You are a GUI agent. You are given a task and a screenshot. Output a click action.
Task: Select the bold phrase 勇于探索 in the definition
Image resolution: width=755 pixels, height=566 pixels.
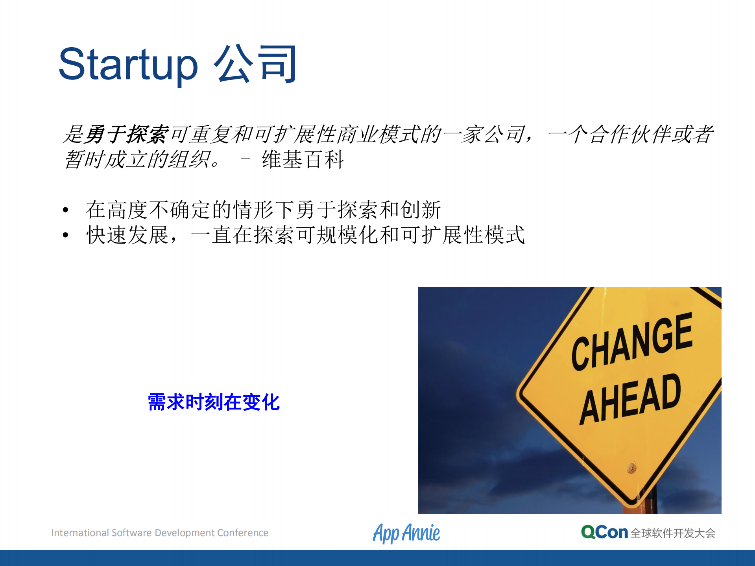tap(127, 135)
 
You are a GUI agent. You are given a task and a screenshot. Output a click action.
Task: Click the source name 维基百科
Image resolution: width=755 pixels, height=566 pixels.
tap(303, 160)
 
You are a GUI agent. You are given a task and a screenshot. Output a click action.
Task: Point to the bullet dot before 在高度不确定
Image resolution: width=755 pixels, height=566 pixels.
tap(66, 210)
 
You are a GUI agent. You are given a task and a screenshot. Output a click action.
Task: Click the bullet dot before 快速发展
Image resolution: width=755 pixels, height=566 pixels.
tap(66, 235)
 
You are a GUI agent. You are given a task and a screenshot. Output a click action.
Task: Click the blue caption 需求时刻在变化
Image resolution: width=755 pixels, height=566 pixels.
tap(214, 402)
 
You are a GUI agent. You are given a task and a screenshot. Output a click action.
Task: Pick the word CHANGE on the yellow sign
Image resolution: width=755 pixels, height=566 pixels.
tap(631, 341)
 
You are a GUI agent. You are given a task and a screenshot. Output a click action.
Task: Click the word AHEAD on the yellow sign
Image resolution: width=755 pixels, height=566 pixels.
tap(630, 398)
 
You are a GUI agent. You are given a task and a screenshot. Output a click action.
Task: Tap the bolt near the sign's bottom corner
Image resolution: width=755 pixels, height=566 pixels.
tap(631, 468)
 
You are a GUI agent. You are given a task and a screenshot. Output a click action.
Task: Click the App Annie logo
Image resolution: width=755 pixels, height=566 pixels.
tap(406, 533)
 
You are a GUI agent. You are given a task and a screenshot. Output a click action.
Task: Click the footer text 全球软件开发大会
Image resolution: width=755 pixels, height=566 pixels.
tap(673, 533)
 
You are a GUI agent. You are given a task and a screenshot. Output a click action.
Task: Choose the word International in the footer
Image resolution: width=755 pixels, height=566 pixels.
tap(80, 533)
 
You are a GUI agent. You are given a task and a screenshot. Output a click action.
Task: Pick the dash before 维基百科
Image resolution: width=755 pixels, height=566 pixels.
tap(245, 159)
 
